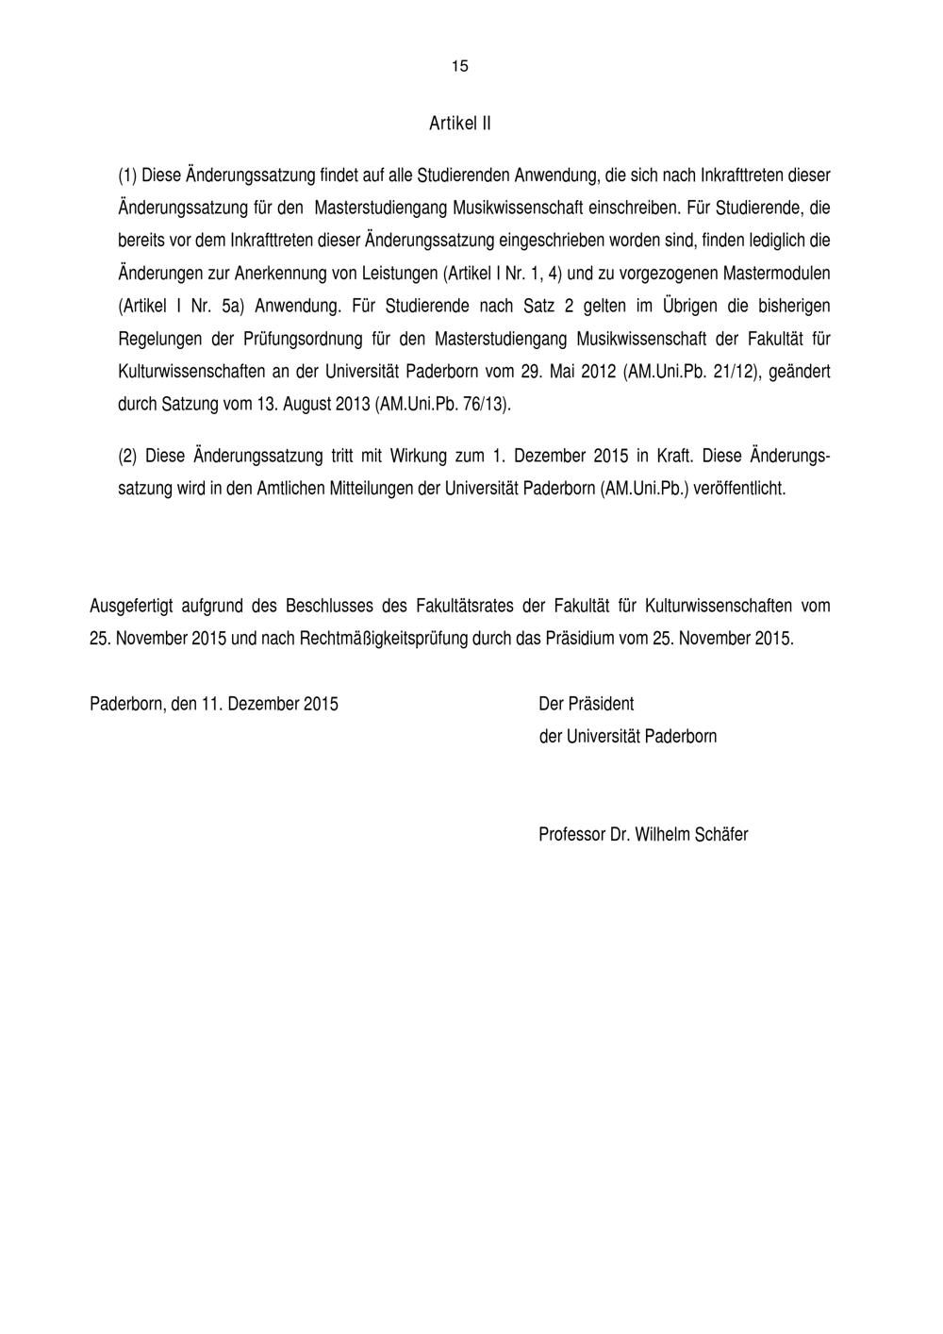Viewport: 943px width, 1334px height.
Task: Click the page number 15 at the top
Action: [x=459, y=66]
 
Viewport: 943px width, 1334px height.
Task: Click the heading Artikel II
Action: [x=459, y=124]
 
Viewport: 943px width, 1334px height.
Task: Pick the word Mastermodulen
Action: [x=776, y=274]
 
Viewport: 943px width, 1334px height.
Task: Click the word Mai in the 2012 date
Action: [x=563, y=372]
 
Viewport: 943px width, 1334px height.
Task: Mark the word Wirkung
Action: [x=418, y=457]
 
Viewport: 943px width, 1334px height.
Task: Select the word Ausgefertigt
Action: [x=134, y=606]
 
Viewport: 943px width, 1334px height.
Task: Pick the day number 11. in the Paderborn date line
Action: [x=210, y=704]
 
